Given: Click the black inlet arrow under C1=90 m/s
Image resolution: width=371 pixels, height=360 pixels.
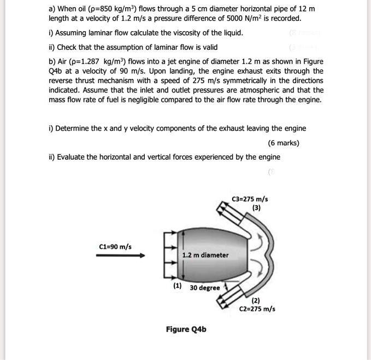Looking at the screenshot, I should (121, 255).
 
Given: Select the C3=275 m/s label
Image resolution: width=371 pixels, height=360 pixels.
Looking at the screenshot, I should (250, 199).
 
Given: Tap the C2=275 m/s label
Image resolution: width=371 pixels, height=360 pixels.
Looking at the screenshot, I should (257, 308).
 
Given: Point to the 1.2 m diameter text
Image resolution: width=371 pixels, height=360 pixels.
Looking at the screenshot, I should (206, 255).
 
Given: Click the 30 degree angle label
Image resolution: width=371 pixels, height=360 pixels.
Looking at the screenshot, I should (205, 288).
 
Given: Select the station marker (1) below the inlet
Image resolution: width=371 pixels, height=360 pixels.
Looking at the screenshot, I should (178, 286).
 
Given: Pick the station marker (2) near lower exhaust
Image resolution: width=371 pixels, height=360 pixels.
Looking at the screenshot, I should (256, 300).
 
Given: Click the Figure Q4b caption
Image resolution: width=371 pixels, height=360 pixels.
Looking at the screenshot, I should (186, 329).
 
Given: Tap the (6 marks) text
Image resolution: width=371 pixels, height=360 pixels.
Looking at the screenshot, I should (283, 143).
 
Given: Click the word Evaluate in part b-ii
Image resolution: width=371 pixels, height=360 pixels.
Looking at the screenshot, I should (74, 157).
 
